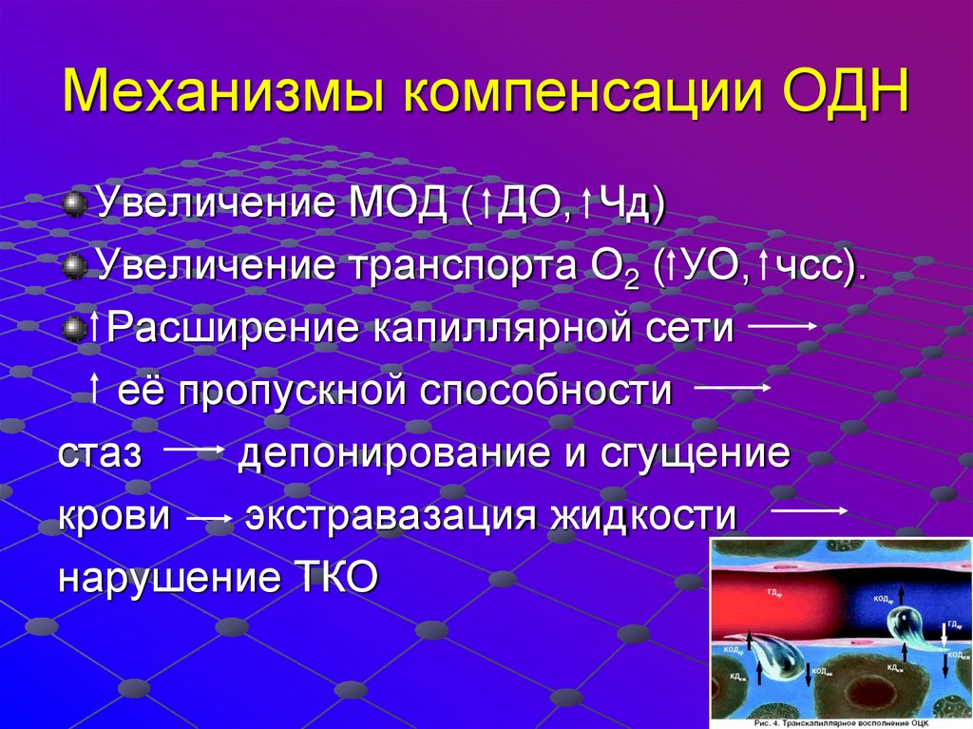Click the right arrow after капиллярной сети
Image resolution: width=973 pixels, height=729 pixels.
(783, 325)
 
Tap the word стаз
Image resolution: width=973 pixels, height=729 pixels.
(100, 453)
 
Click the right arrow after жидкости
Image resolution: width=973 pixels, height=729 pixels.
(808, 511)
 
